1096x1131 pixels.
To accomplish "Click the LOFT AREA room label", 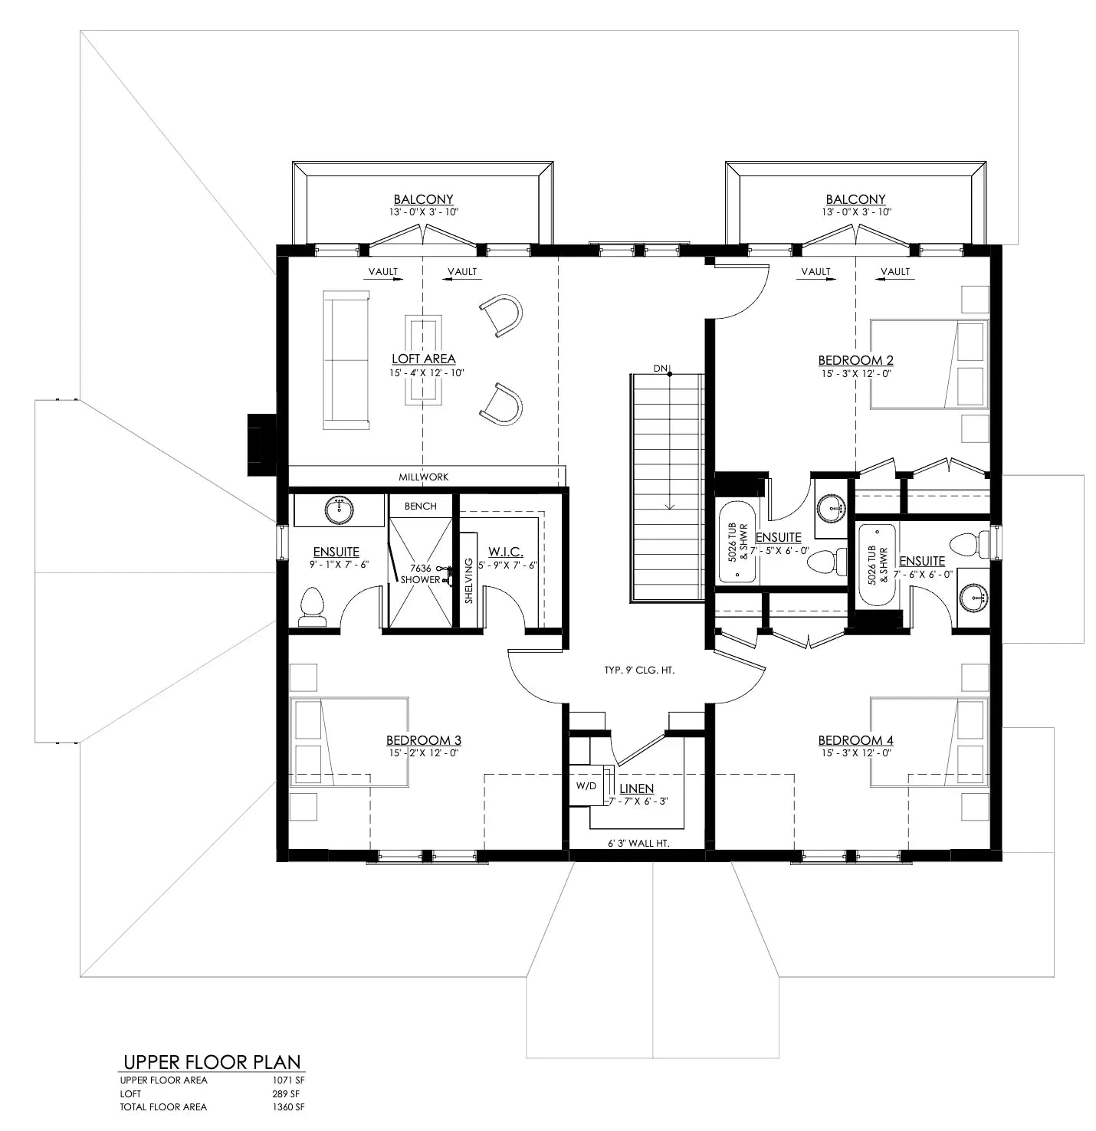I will pyautogui.click(x=423, y=359).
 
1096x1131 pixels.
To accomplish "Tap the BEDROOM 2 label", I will pyautogui.click(x=855, y=360).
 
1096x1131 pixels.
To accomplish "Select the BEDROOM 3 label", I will pyautogui.click(x=423, y=740).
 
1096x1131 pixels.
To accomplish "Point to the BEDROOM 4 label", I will pyautogui.click(x=855, y=740).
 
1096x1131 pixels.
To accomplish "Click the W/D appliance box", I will pyautogui.click(x=586, y=786).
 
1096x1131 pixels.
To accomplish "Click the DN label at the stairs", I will pyautogui.click(x=660, y=369).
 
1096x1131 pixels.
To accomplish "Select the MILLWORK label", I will pyautogui.click(x=423, y=477).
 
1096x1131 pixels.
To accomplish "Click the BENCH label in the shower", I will pyautogui.click(x=420, y=506).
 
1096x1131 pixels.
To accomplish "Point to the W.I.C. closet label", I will pyautogui.click(x=505, y=551).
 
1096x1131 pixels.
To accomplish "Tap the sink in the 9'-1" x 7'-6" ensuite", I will pyautogui.click(x=338, y=510).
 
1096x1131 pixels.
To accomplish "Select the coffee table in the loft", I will pyautogui.click(x=424, y=359).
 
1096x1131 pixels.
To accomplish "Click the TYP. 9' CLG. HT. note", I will pyautogui.click(x=638, y=670).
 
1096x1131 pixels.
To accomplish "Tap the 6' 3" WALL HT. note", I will pyautogui.click(x=638, y=843).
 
